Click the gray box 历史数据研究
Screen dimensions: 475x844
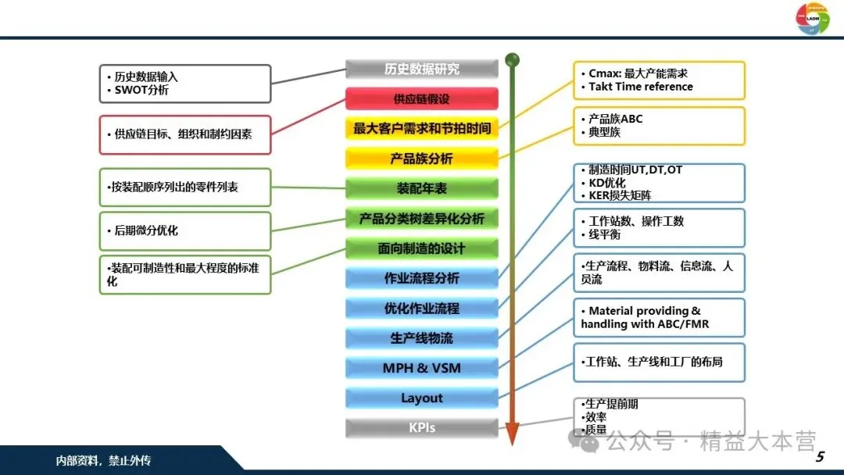click(421, 69)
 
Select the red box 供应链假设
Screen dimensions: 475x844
click(421, 99)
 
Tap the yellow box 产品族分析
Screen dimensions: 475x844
click(421, 159)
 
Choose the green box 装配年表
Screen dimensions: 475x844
click(421, 188)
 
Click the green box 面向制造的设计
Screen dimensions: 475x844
click(421, 248)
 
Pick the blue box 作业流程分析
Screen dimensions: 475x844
click(421, 278)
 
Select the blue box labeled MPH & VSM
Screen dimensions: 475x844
click(421, 368)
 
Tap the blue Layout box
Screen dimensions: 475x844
click(421, 398)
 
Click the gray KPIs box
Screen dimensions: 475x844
click(421, 427)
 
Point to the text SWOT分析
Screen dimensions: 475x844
click(141, 91)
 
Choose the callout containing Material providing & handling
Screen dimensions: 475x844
click(658, 317)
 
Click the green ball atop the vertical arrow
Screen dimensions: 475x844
click(513, 59)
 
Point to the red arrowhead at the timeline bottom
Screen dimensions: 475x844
click(513, 434)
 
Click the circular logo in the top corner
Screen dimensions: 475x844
click(813, 18)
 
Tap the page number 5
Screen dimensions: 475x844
click(820, 457)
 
